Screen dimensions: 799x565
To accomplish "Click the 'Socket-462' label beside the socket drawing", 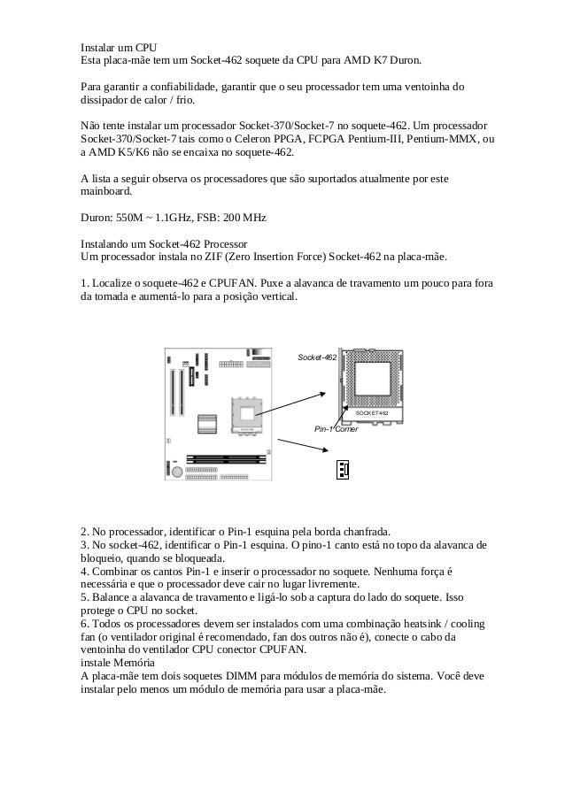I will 316,357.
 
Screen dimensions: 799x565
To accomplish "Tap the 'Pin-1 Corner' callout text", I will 336,429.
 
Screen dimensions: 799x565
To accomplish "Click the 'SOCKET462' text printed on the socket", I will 372,412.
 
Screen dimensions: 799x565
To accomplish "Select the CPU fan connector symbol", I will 342,469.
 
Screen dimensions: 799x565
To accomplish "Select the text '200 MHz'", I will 245,217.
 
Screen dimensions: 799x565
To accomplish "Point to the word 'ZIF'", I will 212,257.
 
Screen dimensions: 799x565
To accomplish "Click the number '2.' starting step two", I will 85,531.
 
